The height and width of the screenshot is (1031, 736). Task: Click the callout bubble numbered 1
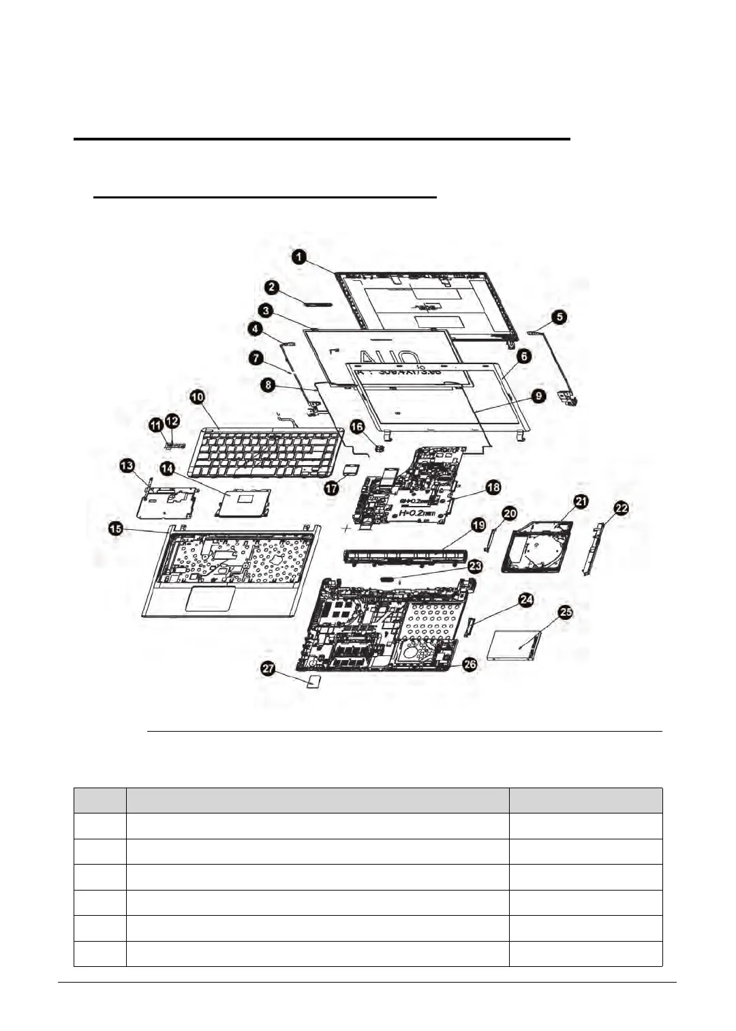[x=299, y=257]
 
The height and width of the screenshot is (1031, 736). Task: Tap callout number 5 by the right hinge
[x=558, y=316]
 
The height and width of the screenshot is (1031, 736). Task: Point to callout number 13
[x=127, y=466]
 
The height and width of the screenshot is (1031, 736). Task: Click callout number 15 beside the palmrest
[x=117, y=528]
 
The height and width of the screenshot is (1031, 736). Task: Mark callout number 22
[x=621, y=508]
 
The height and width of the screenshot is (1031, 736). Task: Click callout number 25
[x=566, y=612]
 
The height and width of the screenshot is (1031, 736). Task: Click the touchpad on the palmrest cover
[x=211, y=598]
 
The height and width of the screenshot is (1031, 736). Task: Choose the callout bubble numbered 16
[x=357, y=425]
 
